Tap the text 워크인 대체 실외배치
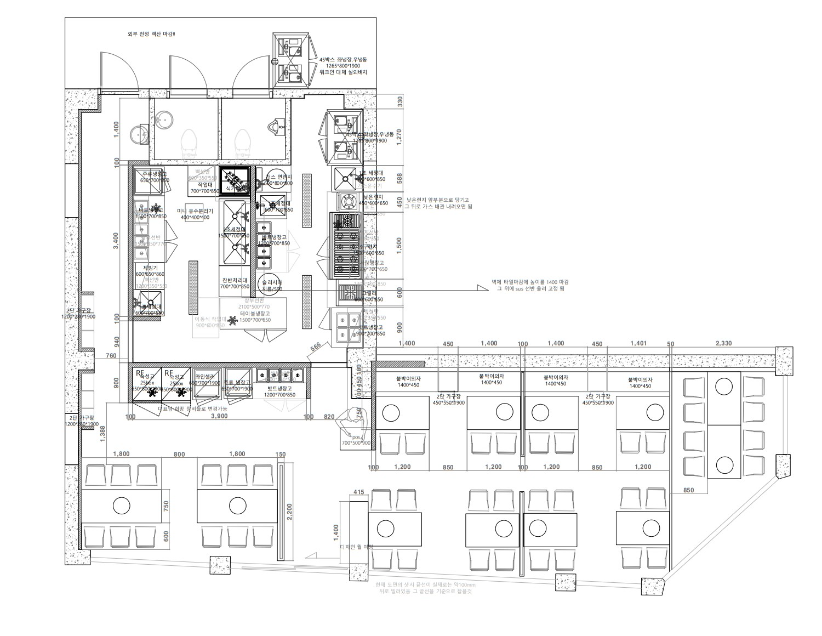tap(342, 72)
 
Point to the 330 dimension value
tap(399, 101)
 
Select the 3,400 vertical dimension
tap(115, 242)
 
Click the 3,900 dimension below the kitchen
tap(219, 417)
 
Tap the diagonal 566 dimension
tap(316, 347)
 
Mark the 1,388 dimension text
tap(102, 433)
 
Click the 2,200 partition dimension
tap(289, 512)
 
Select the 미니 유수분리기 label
tap(195, 211)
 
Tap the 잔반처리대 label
tap(235, 280)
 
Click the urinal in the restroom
tap(273, 127)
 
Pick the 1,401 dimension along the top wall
tap(638, 344)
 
